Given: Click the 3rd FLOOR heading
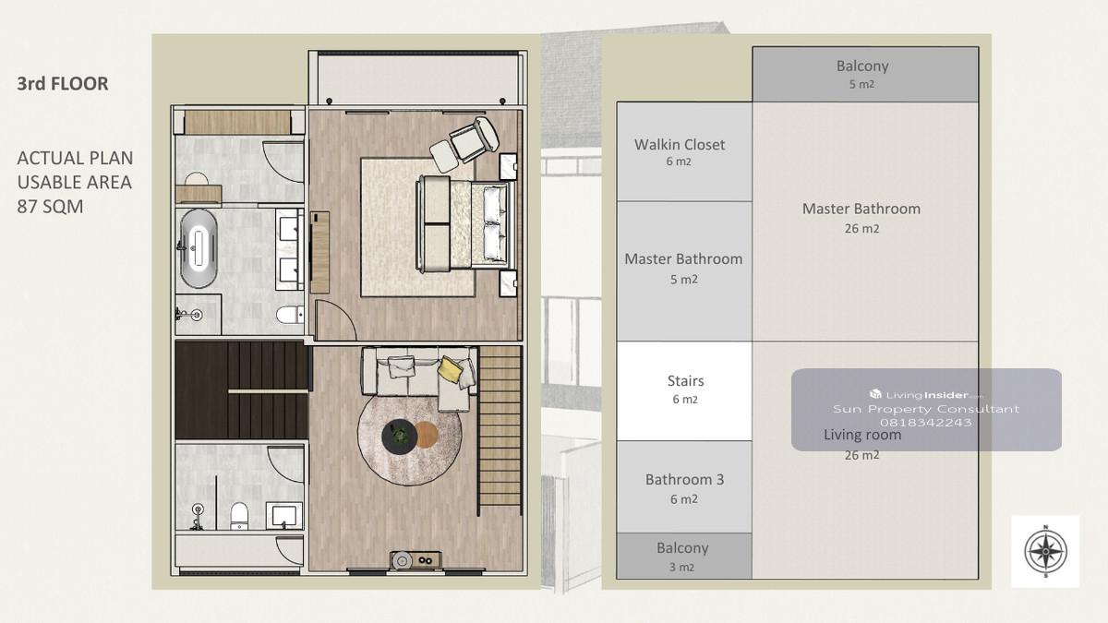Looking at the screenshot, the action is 63,84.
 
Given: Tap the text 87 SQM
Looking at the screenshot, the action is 50,206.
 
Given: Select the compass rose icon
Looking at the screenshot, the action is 1045,551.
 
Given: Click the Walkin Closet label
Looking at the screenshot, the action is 680,144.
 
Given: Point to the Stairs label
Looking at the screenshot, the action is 685,380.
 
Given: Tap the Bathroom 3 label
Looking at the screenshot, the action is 684,479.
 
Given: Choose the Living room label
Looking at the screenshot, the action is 862,435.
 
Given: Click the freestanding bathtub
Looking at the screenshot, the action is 199,248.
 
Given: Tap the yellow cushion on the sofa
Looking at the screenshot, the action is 449,369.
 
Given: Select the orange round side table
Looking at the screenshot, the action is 426,435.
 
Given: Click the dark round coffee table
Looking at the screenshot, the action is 399,436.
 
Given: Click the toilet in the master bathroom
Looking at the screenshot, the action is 290,315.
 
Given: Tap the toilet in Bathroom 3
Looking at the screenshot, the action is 239,516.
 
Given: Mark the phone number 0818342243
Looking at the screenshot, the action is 925,423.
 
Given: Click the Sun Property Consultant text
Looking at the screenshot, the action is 925,409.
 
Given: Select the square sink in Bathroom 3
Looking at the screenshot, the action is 284,515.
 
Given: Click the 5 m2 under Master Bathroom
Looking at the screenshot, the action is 683,280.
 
